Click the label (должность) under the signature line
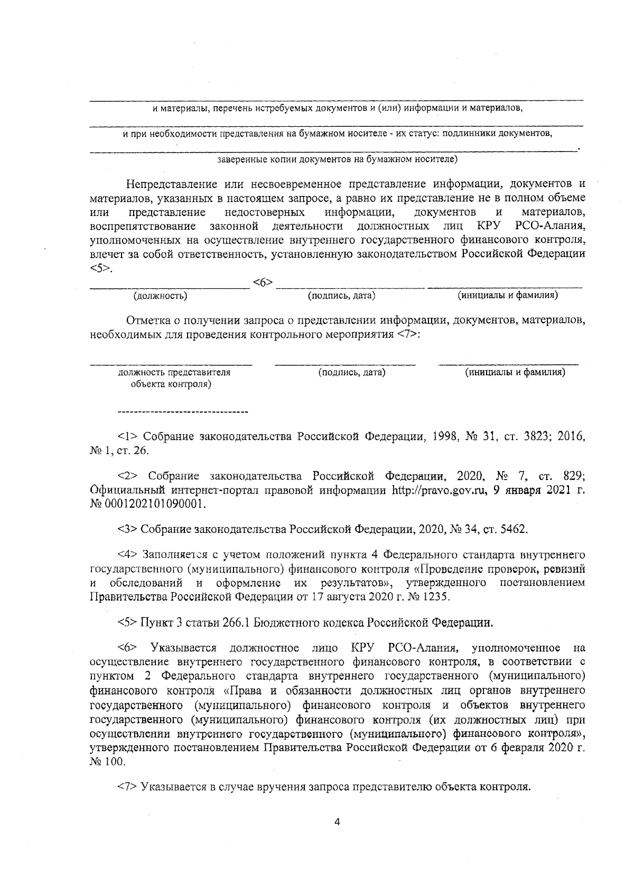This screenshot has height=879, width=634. pos(161,296)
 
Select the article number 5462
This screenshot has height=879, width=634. pos(512,529)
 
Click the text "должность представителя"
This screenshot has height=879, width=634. pos(174,372)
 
